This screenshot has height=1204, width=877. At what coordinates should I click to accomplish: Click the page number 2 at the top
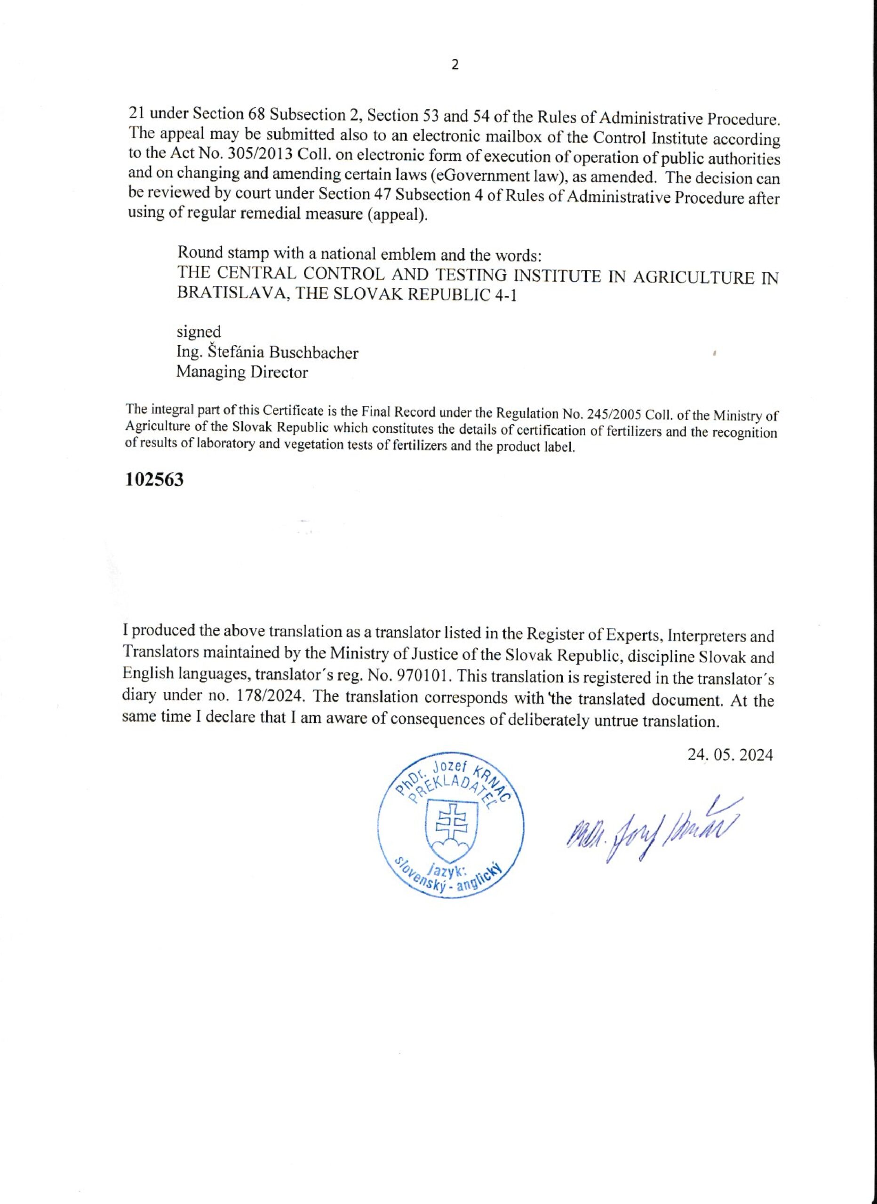[x=454, y=65]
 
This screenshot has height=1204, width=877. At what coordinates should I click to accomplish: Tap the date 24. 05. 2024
[x=730, y=754]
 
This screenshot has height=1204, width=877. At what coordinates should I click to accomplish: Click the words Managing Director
[x=242, y=372]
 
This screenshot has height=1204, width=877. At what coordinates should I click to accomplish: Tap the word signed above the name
[x=199, y=332]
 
